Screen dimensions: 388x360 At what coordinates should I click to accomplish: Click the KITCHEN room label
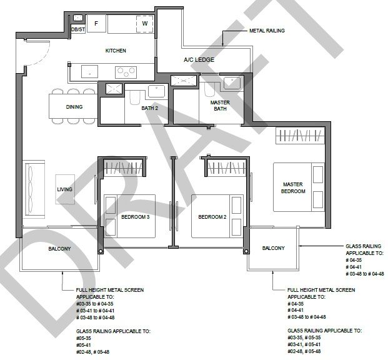coord(116,51)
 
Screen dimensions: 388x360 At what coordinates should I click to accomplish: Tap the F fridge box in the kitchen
coord(96,23)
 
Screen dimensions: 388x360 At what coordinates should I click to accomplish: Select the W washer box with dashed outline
coord(145,24)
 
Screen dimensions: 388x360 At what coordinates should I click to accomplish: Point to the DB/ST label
coord(78,29)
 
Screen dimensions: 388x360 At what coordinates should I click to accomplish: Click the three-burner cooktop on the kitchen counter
coord(126,72)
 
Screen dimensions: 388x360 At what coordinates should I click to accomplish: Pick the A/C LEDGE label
coord(199,59)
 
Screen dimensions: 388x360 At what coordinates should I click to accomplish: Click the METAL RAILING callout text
coord(267,31)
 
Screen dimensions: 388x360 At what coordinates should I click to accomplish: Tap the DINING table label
coord(74,107)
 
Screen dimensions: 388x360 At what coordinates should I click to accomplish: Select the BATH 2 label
coord(150,108)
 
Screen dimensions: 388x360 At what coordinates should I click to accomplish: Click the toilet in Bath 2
coord(135,97)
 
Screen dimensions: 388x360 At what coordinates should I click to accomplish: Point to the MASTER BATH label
coord(220,106)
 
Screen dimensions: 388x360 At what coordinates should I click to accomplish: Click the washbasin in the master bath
coord(232,82)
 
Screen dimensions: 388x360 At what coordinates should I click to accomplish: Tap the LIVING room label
coord(65,189)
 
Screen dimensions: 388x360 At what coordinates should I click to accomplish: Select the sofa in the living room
coord(34,189)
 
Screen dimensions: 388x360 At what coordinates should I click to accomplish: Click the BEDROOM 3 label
coord(136,217)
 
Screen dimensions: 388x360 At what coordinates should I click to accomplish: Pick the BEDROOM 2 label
coord(212,217)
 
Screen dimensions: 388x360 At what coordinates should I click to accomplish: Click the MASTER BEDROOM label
coord(293,187)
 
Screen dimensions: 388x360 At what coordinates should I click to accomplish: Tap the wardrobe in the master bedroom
coord(300,136)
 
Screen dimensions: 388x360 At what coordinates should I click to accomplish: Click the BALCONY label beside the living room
coord(59,249)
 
